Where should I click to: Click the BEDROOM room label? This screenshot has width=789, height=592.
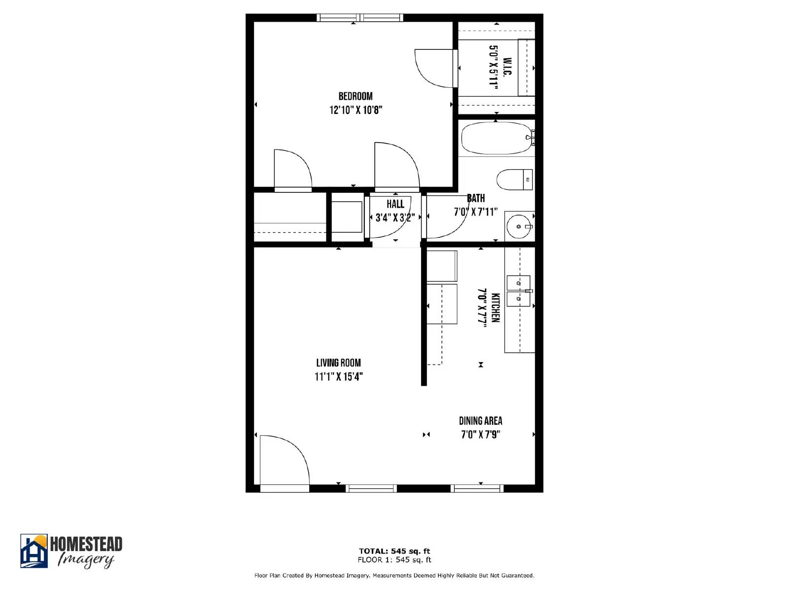coord(355,96)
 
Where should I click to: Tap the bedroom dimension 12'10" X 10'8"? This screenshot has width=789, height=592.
coord(356,110)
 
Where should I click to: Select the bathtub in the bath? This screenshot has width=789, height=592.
coord(495,138)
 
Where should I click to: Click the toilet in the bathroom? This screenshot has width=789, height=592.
coord(514,180)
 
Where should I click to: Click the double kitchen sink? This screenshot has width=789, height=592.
coord(518,291)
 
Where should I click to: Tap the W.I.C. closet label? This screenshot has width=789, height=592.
coord(507,67)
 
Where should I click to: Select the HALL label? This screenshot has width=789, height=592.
coord(395,204)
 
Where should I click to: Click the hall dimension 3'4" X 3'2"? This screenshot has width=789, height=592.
coord(395,218)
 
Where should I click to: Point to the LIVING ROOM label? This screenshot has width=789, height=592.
coord(338,363)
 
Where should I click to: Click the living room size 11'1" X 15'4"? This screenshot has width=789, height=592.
coord(338,377)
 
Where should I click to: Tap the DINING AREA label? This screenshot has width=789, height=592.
coord(480,421)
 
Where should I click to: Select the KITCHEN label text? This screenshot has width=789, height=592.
coord(496,307)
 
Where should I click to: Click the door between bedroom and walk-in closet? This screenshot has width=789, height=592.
coord(434,68)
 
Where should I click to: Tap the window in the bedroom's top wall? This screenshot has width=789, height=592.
coord(360,18)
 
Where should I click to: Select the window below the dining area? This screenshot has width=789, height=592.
coord(477,488)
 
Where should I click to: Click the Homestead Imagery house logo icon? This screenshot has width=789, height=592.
coord(34,551)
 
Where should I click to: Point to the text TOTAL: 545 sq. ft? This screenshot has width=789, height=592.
coord(394,551)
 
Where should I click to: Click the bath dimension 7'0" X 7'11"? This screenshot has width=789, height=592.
coord(475,212)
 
